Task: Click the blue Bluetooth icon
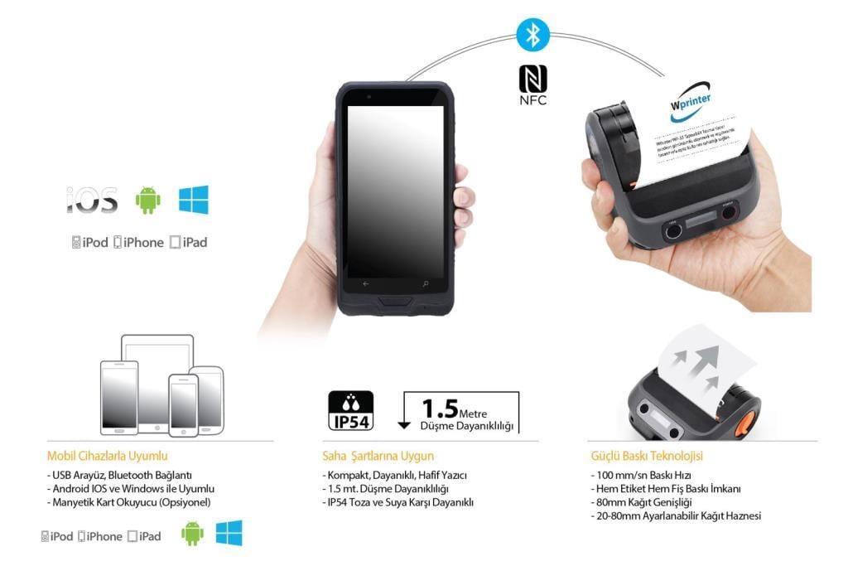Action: click(533, 36)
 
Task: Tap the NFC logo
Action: click(533, 85)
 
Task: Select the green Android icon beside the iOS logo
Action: click(148, 200)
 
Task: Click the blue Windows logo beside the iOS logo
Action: click(194, 199)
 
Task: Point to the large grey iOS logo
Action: click(92, 200)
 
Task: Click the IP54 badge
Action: click(351, 411)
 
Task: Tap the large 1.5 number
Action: click(440, 409)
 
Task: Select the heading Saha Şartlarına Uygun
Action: click(378, 455)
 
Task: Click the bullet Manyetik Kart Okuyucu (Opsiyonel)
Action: click(129, 502)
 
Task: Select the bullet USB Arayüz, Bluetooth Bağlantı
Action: click(120, 475)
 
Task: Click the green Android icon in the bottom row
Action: click(192, 534)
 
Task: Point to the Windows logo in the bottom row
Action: click(229, 533)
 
